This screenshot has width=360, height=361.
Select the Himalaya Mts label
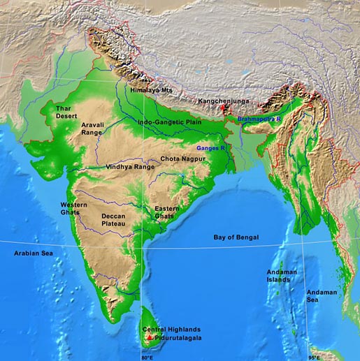[x=150, y=90]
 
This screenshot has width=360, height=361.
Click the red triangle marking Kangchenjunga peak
[x=224, y=109]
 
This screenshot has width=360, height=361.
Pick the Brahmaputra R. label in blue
[x=259, y=119]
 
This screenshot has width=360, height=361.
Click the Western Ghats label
[x=75, y=207]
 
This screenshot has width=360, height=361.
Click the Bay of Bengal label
[x=236, y=237]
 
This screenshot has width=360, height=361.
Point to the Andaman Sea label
[x=322, y=295]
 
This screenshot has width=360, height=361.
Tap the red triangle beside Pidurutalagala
[x=148, y=337]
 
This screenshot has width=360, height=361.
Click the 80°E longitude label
[x=146, y=358]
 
